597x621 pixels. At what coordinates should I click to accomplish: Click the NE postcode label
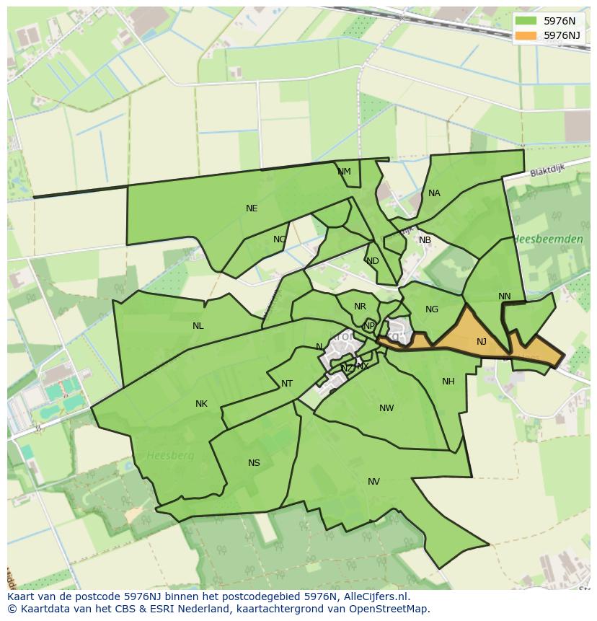pyautogui.click(x=252, y=208)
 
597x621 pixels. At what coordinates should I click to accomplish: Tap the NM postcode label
pyautogui.click(x=344, y=172)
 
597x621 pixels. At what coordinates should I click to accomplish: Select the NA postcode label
pyautogui.click(x=434, y=193)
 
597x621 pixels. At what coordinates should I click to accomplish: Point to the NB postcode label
pyautogui.click(x=425, y=240)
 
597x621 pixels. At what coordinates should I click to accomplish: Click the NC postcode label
pyautogui.click(x=280, y=239)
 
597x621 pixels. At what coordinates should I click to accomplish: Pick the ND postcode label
pyautogui.click(x=372, y=261)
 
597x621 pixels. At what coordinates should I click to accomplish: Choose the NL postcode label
pyautogui.click(x=198, y=326)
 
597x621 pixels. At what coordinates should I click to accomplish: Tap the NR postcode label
pyautogui.click(x=360, y=307)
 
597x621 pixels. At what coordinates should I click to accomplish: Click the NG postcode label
pyautogui.click(x=432, y=309)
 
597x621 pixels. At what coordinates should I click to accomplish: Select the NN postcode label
pyautogui.click(x=504, y=296)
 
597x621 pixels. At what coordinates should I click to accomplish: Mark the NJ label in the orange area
pyautogui.click(x=482, y=342)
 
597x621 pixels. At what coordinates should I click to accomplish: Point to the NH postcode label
pyautogui.click(x=448, y=382)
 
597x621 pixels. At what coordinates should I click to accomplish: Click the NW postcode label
pyautogui.click(x=386, y=408)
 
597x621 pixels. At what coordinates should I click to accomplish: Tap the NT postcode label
pyautogui.click(x=287, y=384)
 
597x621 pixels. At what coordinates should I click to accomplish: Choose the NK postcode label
pyautogui.click(x=201, y=404)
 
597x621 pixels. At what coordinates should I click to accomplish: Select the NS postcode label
pyautogui.click(x=254, y=463)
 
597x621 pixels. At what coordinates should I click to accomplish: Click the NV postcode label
pyautogui.click(x=373, y=482)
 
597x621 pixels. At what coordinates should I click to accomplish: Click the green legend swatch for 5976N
pyautogui.click(x=526, y=21)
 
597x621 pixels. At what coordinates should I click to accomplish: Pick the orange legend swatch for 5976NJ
pyautogui.click(x=526, y=35)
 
